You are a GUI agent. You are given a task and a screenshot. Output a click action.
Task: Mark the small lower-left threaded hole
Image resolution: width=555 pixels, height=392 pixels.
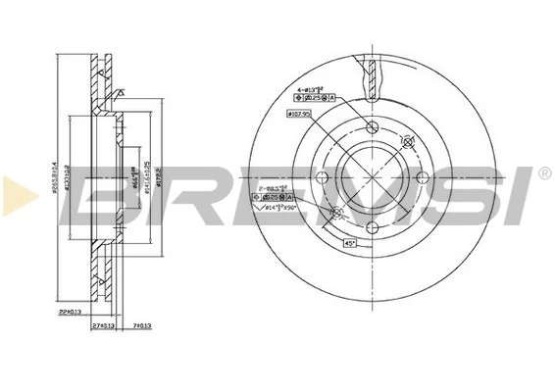coord(337,213)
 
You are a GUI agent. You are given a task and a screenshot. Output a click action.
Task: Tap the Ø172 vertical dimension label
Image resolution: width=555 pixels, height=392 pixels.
coord(158,181)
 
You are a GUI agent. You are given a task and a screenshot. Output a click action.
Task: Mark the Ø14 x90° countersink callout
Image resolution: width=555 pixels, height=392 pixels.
coord(285,210)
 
